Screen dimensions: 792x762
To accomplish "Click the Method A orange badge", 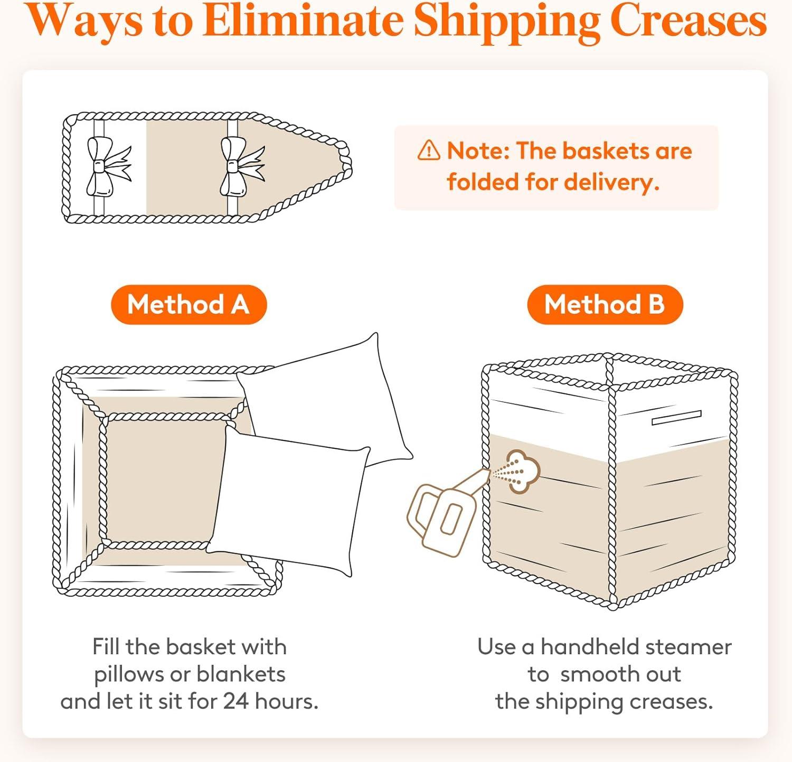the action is tap(188, 305).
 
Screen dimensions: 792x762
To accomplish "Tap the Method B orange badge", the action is tap(605, 305).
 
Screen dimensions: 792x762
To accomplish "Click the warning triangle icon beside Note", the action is tap(428, 150).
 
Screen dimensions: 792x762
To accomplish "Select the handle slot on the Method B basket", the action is tap(676, 418).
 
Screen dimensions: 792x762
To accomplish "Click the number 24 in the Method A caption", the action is tap(235, 701).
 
